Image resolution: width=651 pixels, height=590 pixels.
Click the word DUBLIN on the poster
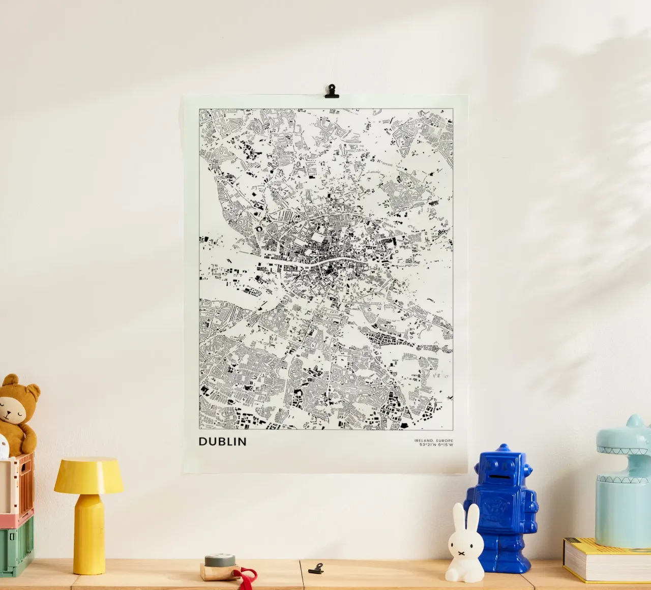tap(222, 441)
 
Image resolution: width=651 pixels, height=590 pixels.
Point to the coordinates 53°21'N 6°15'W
tap(436, 446)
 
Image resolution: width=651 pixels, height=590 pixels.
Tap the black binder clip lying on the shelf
tap(316, 568)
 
